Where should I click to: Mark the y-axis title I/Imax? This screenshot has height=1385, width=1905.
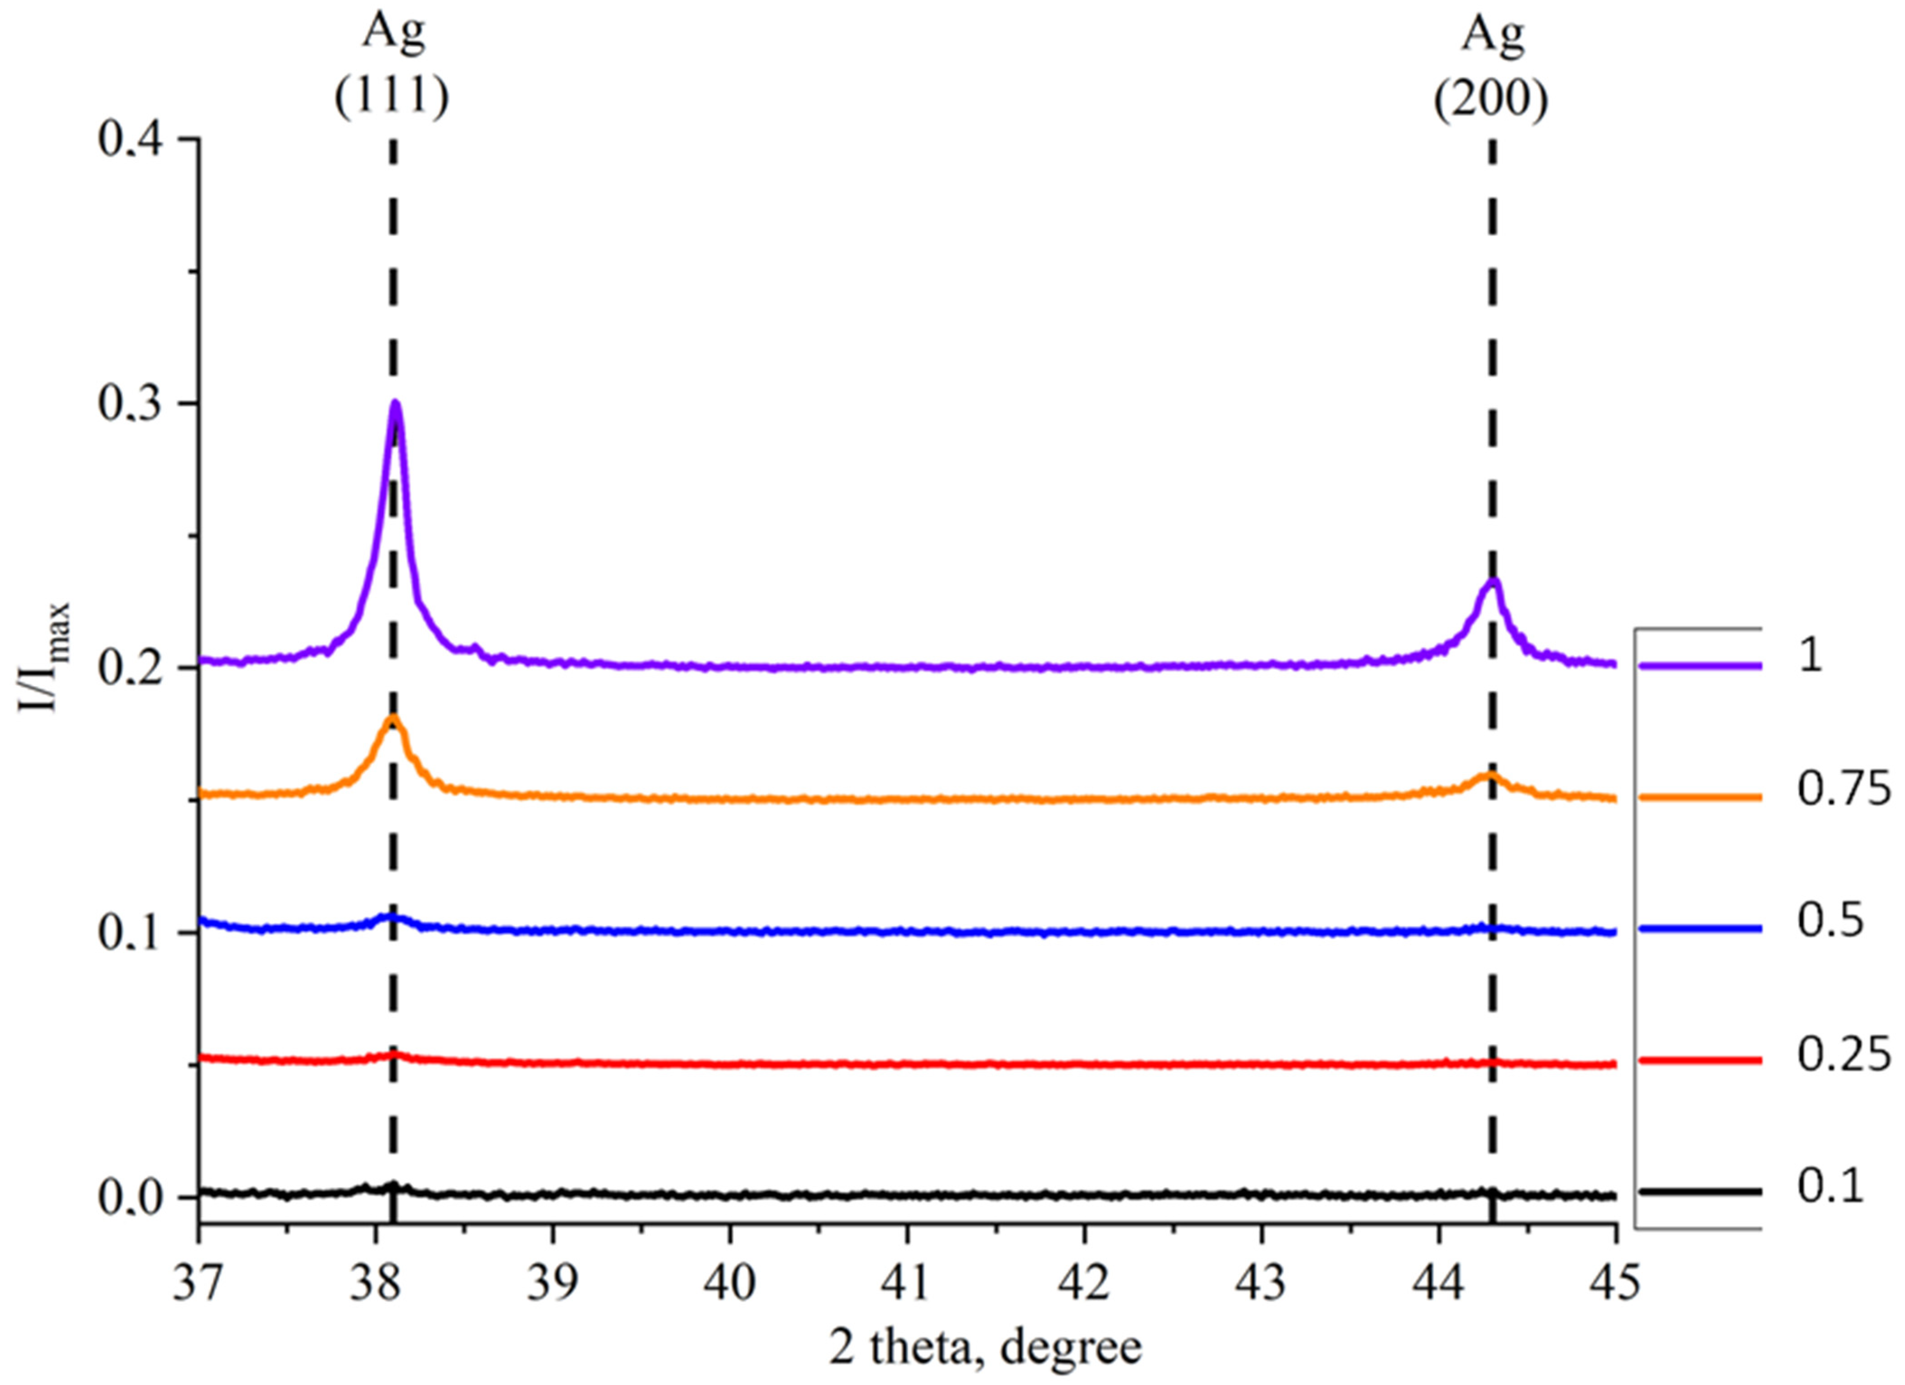point(42,658)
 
